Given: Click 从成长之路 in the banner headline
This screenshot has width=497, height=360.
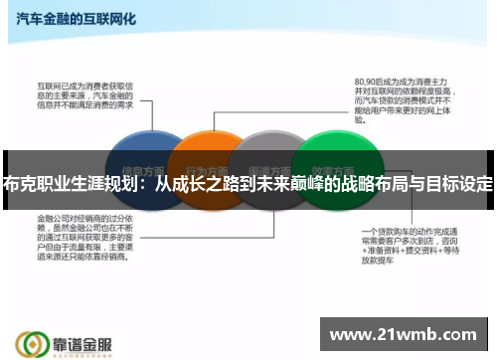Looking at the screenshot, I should (193, 186).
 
